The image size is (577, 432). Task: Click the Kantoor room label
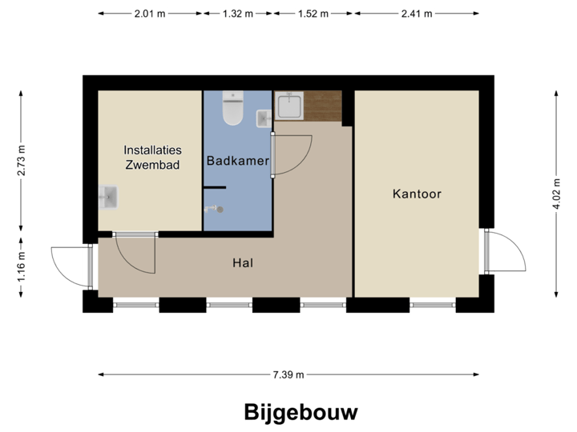pos(417,194)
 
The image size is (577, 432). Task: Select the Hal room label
pos(243,262)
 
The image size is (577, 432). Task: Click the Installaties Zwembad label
pos(152,158)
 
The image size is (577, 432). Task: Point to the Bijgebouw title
pos(301,412)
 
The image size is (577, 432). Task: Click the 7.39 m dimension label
pos(288,374)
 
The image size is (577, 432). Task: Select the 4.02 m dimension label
pos(556,194)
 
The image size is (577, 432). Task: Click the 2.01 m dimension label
pos(150,14)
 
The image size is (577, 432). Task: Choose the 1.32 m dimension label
pos(237,14)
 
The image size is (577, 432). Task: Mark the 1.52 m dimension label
pos(312,14)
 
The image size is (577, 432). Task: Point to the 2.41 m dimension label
pos(417,14)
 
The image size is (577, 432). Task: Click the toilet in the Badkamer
pos(233,110)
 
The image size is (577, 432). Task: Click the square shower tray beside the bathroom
pos(288,106)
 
